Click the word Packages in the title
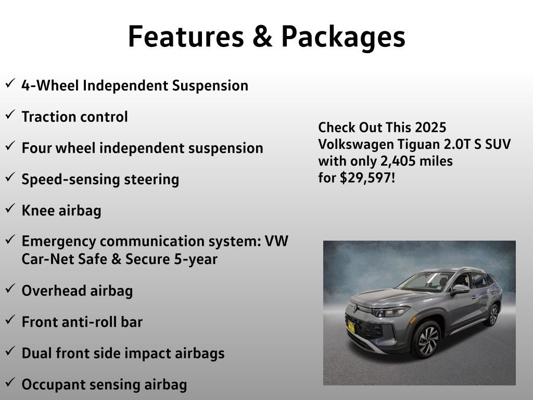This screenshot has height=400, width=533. (344, 37)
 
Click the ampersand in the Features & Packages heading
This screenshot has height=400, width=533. (262, 36)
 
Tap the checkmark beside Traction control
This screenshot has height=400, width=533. (10, 114)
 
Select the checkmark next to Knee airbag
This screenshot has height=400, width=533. (10, 208)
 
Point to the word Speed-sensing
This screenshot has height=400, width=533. (71, 180)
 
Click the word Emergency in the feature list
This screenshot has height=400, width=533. (58, 242)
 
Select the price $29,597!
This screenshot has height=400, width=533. (367, 178)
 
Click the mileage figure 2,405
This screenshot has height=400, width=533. (398, 161)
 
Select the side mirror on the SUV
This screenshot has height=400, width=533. (461, 289)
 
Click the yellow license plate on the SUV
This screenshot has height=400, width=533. (351, 327)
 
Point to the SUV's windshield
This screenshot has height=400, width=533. (426, 282)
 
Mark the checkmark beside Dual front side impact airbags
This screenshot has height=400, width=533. (10, 351)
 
